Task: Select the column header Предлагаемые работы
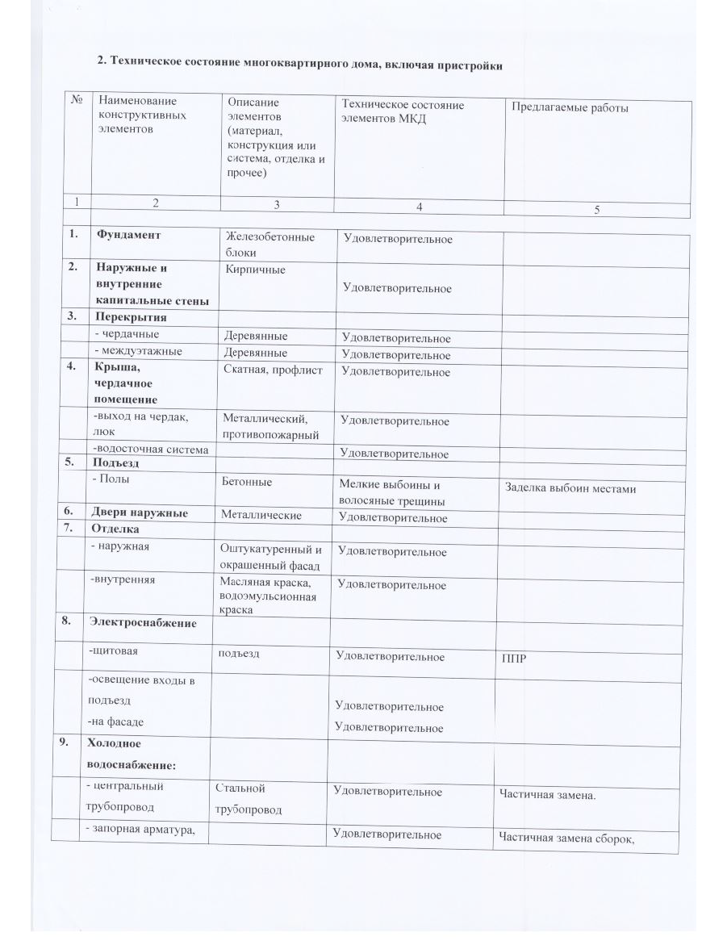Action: (566, 108)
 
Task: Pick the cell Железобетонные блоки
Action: (270, 245)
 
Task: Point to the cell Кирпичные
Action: (256, 270)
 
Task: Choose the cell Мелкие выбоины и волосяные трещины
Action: (391, 493)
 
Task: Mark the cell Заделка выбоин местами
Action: (570, 488)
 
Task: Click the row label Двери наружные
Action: (142, 513)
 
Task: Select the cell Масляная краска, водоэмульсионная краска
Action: (268, 595)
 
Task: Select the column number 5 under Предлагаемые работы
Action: (597, 210)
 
